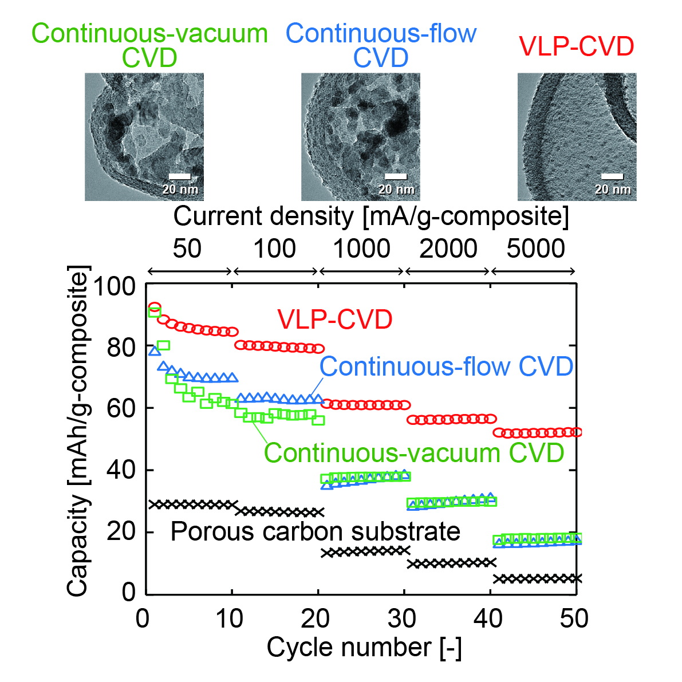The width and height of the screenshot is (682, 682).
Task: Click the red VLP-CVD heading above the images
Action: point(576,46)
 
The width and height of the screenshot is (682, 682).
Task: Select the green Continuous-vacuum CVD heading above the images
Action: point(149,46)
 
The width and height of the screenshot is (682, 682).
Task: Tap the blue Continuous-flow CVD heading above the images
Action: point(381,46)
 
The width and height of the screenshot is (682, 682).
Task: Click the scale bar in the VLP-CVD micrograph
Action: point(612,176)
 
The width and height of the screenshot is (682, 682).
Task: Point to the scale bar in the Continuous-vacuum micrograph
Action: point(180,176)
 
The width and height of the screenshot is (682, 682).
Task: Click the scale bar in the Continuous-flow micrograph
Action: point(396,176)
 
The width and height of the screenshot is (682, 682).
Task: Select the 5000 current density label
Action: point(535,249)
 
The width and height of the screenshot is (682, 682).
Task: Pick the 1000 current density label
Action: point(361,249)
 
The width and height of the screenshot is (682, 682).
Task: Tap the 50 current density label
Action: point(187,249)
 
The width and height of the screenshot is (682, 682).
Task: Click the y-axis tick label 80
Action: point(121,347)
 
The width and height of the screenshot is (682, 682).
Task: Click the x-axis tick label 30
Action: point(403,619)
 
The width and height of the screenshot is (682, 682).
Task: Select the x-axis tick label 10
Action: point(230,619)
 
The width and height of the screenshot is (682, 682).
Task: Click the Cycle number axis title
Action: point(364,648)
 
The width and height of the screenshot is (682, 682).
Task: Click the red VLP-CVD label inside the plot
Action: point(335,320)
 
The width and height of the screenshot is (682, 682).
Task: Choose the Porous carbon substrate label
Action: point(316,531)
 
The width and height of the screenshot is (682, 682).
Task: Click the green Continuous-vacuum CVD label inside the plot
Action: point(414,453)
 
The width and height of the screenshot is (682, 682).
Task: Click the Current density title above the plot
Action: point(371,216)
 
